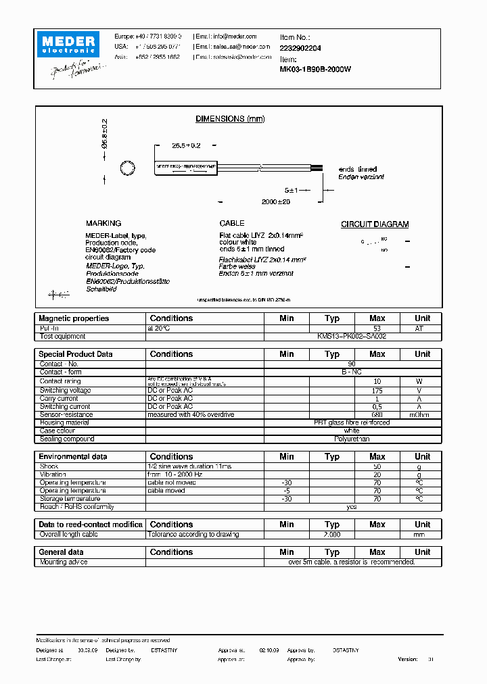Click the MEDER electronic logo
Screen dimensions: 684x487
[x=70, y=43]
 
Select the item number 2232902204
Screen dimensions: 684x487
[x=301, y=49]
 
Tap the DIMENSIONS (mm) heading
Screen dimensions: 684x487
[x=230, y=119]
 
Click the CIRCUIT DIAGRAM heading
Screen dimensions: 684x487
[x=374, y=224]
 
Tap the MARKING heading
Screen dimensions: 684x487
[x=103, y=223]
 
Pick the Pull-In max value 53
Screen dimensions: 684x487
[x=377, y=328]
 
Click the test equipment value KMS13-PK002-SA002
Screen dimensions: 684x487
[x=352, y=336]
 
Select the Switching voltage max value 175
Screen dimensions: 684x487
[x=377, y=391]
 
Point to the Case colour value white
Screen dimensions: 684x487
[x=352, y=431]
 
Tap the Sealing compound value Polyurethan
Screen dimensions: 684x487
[x=352, y=439]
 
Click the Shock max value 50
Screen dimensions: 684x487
[x=377, y=466]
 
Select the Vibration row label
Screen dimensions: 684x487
[x=53, y=474]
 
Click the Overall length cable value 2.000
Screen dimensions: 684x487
[x=331, y=534]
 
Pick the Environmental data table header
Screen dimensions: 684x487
[x=72, y=457]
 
